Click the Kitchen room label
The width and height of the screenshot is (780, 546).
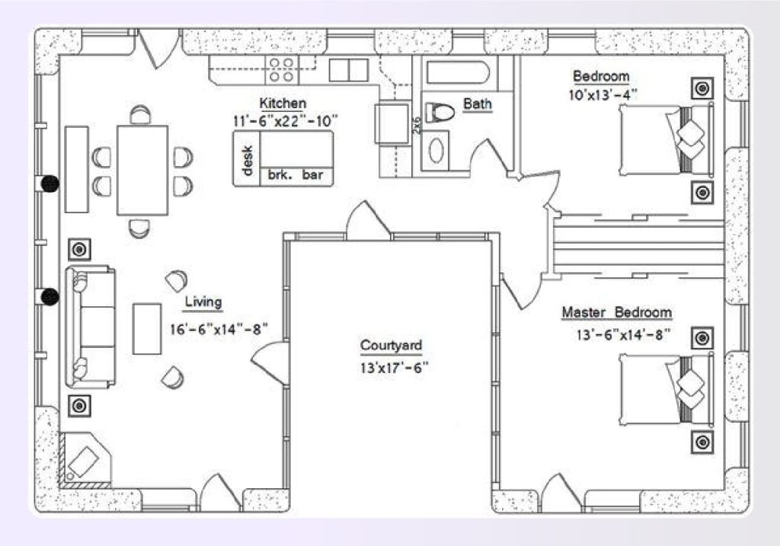283,104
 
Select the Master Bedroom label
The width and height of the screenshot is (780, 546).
616,312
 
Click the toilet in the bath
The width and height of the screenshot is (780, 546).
439,113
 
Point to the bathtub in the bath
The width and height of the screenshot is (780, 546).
457,75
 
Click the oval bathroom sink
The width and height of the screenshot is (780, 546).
437,149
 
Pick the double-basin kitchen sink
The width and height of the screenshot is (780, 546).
349,69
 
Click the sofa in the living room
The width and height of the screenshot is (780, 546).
89,327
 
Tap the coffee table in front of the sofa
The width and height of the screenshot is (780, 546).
147,328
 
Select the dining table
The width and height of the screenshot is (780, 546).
142,170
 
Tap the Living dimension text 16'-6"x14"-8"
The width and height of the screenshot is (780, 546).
220,329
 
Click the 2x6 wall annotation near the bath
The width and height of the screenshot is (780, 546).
417,126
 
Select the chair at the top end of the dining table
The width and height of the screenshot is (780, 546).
139,115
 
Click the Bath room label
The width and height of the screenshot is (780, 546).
477,104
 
